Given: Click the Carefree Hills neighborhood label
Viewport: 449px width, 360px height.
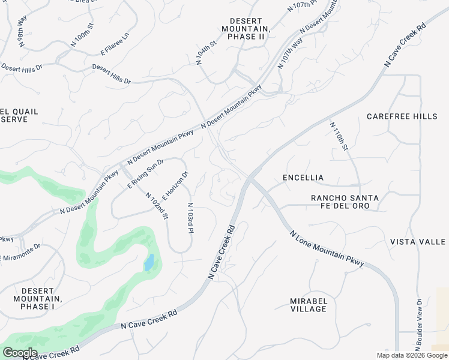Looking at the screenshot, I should coord(402,116).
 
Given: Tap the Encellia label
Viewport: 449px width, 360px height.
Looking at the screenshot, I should coord(303,178).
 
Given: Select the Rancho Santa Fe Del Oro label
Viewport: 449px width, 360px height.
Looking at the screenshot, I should coord(344,202).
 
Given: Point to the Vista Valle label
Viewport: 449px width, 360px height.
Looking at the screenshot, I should coord(418,242).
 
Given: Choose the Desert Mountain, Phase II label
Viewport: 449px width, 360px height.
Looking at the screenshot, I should coord(246,28).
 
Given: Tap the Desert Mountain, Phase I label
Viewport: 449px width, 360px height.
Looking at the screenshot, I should coord(37,299).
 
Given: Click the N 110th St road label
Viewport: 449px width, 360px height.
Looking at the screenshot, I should coord(339,137).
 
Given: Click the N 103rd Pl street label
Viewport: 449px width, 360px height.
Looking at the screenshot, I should coord(190,218).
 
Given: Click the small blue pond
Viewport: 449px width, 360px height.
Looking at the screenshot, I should coord(149,262).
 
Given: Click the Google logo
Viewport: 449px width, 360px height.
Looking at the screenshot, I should coord(20,353).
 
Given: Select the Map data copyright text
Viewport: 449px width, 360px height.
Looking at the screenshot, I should coord(411,355).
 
